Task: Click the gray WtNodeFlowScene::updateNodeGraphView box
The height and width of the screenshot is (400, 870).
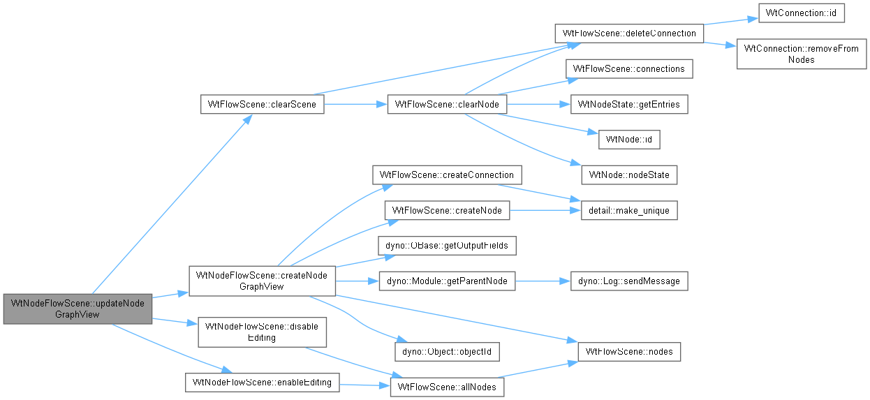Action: point(78,309)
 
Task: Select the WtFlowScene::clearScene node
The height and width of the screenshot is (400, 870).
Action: point(262,104)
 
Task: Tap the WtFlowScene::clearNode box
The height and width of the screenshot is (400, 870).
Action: point(447,104)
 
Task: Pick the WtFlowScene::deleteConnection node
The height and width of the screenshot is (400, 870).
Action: point(629,34)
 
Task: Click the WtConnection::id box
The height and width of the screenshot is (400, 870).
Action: point(802,13)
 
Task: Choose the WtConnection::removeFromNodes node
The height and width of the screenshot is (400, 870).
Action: point(802,54)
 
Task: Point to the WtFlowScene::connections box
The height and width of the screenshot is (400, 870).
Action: point(629,68)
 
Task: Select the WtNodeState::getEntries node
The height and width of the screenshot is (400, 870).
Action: point(629,104)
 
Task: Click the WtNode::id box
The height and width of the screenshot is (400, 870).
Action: point(629,140)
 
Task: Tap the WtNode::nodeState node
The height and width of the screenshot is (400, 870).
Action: point(629,175)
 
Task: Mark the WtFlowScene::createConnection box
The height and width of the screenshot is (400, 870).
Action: point(447,175)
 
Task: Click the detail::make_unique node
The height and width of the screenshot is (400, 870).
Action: point(629,210)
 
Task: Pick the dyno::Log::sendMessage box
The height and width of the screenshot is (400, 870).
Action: point(629,281)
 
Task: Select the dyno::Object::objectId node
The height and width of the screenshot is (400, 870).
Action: point(447,352)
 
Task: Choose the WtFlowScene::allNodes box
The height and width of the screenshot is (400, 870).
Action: point(447,387)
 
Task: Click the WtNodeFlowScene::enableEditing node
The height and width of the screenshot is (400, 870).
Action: point(262,383)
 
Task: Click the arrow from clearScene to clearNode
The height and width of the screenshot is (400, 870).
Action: point(356,104)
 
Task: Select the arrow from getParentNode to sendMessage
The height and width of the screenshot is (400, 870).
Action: point(543,281)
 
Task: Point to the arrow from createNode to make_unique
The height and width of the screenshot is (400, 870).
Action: point(545,210)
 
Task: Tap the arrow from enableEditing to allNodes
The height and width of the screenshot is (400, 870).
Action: point(364,385)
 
